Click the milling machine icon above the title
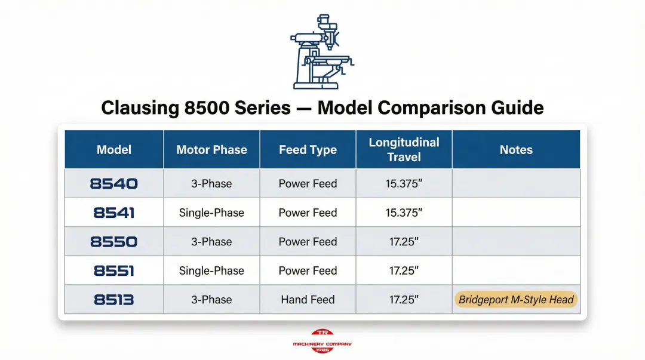pos(321,52)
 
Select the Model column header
pos(114,150)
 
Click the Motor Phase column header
pos(211,150)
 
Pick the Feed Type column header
pos(308,150)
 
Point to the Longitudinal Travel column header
pos(404,150)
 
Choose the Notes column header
pos(516,150)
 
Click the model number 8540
pos(114,184)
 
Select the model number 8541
pos(114,213)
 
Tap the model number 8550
pos(114,242)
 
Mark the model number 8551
pos(114,271)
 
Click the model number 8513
pos(114,300)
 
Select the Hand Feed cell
pos(308,300)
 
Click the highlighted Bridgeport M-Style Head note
pos(516,300)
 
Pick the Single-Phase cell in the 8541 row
pos(211,213)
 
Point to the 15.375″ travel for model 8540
pos(404,184)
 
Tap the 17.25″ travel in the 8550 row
pos(404,242)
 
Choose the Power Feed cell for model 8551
pos(308,271)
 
